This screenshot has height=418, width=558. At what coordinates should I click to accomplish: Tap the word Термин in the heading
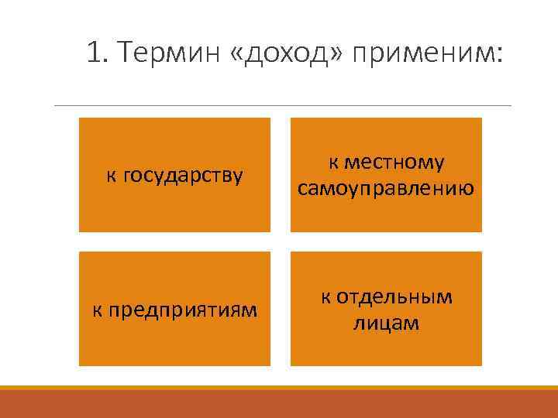(169, 54)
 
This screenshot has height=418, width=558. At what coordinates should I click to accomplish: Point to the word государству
(181, 176)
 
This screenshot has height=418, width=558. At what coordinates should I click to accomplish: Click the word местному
(395, 163)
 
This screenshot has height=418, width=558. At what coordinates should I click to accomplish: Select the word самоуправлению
(386, 188)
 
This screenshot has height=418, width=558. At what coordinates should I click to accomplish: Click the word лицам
(386, 323)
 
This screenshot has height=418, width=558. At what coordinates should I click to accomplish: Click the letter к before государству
(111, 176)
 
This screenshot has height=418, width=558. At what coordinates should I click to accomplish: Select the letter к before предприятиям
(97, 310)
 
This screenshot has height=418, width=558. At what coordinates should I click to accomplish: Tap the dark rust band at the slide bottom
(279, 404)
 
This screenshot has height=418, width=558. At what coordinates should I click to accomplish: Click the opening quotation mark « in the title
(236, 55)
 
